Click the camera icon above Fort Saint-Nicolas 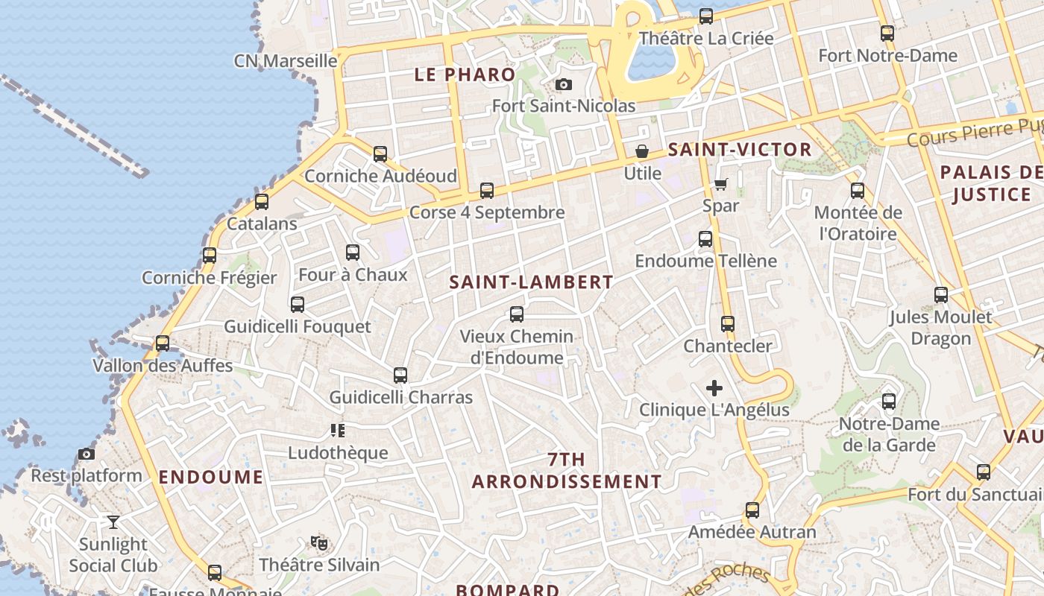click(564, 84)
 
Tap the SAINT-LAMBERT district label click(532, 282)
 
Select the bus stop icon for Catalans click(262, 202)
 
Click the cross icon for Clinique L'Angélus click(714, 388)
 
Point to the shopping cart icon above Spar click(720, 184)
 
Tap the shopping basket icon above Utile click(642, 152)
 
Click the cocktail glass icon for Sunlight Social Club click(113, 522)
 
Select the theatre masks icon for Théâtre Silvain click(319, 543)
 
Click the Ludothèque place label click(338, 453)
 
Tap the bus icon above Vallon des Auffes click(163, 344)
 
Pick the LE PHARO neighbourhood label click(465, 74)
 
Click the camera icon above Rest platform click(87, 454)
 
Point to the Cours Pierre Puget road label click(974, 133)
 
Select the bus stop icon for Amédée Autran click(752, 510)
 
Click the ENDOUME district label click(211, 478)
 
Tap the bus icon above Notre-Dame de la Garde click(889, 402)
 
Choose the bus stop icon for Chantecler click(728, 324)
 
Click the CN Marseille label click(286, 60)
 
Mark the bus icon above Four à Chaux click(353, 253)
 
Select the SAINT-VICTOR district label click(740, 150)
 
